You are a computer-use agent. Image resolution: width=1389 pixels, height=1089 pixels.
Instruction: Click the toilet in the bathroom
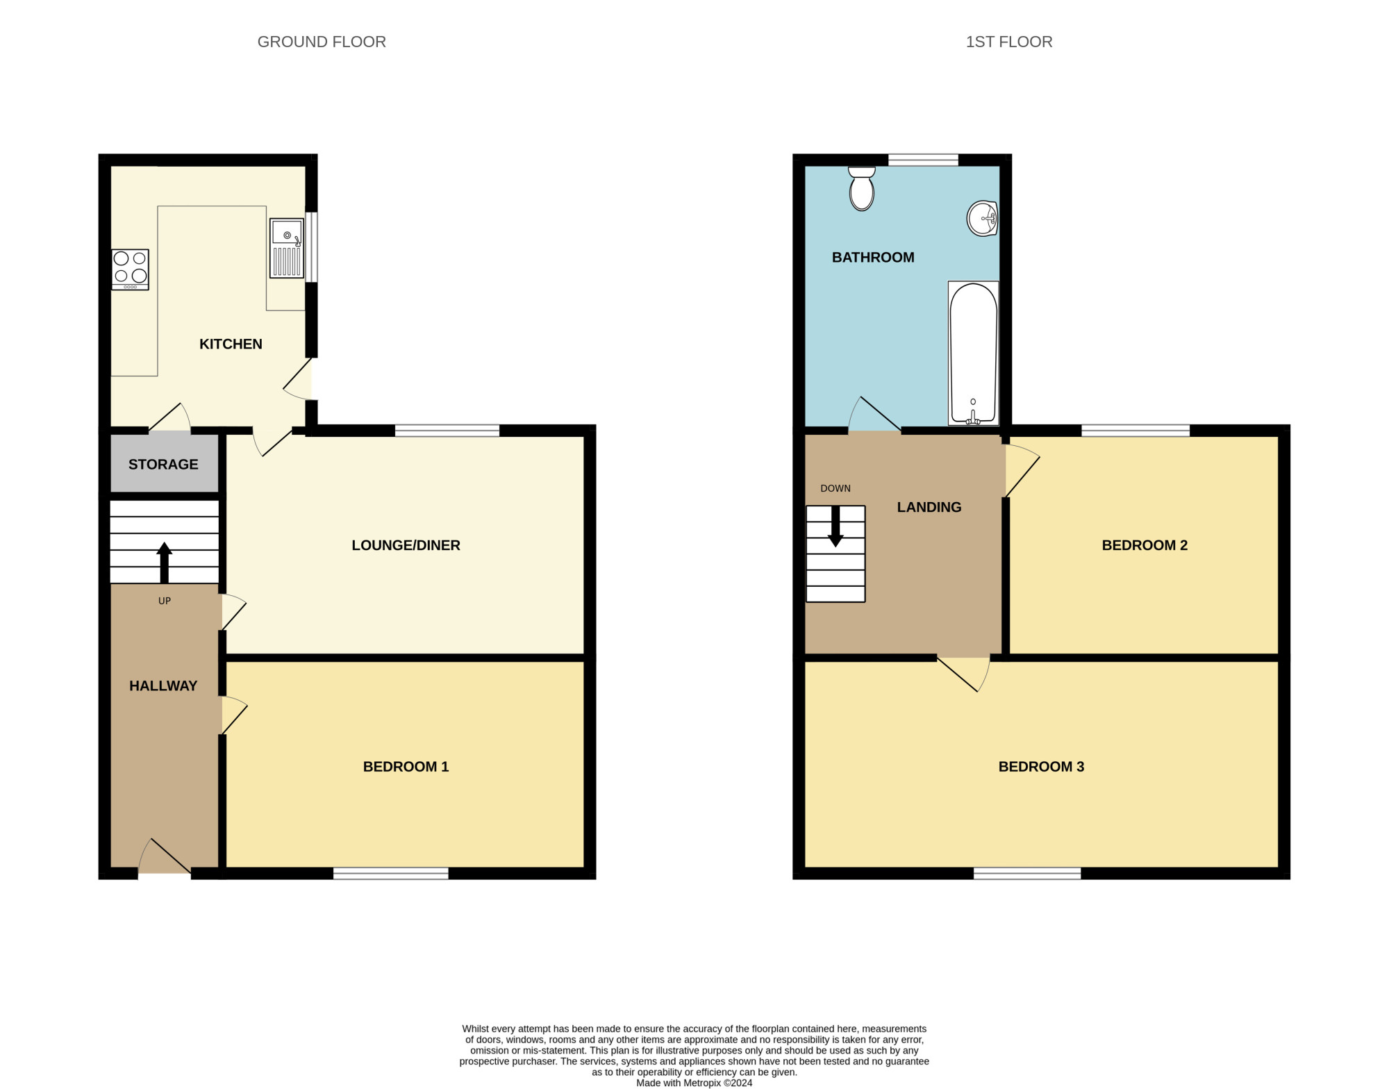[x=861, y=188]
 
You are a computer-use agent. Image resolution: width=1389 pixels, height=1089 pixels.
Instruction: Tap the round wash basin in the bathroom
[x=983, y=219]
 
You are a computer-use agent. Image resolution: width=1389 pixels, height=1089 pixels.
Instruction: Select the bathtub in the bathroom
[x=973, y=354]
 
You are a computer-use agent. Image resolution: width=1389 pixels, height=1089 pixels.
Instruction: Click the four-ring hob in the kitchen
[x=131, y=269]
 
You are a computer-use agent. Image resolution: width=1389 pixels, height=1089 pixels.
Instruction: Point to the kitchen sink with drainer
[x=287, y=249]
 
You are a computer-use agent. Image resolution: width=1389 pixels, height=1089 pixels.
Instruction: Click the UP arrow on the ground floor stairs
[x=164, y=562]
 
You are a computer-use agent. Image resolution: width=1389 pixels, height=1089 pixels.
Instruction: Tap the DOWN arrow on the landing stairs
[x=835, y=526]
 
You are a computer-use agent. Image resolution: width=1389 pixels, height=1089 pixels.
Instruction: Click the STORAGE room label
[x=163, y=465]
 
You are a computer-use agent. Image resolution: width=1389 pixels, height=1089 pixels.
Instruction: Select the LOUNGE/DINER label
[x=406, y=545]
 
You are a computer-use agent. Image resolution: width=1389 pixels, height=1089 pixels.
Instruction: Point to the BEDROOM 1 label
[x=406, y=767]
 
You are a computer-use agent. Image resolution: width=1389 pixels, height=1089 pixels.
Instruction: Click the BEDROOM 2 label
[x=1145, y=545]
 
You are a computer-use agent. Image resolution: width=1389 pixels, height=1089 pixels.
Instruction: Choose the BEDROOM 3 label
[x=1041, y=767]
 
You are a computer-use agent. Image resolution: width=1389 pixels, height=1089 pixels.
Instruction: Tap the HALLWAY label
[x=163, y=686]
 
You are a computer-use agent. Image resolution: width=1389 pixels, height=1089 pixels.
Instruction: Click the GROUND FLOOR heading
[x=322, y=42]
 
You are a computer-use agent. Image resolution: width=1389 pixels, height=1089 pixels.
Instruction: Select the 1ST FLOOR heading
[x=1009, y=42]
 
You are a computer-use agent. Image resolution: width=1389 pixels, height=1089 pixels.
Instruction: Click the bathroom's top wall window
[x=923, y=160]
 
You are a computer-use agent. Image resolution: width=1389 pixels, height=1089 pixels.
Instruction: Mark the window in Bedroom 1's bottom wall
[x=391, y=874]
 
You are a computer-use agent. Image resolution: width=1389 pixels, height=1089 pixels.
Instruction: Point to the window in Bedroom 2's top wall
[x=1136, y=431]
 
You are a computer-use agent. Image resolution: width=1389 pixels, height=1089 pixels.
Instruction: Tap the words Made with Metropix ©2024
[x=694, y=1083]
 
